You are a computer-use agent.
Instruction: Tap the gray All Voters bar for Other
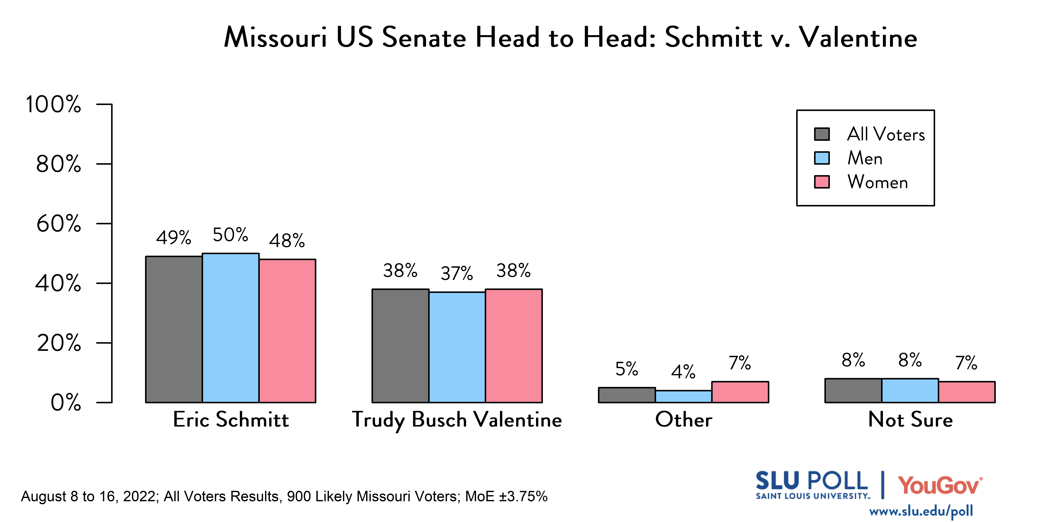627,395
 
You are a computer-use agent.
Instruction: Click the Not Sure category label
910,419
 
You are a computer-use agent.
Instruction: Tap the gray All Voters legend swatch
822,134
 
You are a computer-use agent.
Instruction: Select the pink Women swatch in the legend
822,182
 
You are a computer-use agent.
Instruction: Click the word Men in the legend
865,158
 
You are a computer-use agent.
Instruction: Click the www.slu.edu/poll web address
921,511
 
